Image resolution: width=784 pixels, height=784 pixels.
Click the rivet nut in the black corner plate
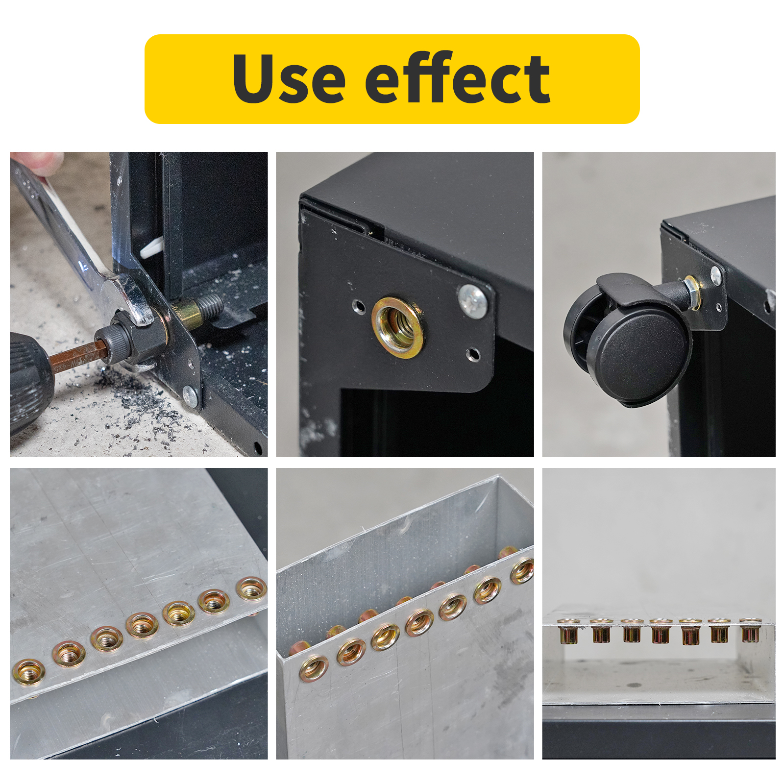[x=397, y=327]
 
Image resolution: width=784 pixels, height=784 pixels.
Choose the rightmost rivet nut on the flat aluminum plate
[x=251, y=588]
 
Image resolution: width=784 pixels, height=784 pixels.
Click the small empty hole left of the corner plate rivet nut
[x=359, y=307]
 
